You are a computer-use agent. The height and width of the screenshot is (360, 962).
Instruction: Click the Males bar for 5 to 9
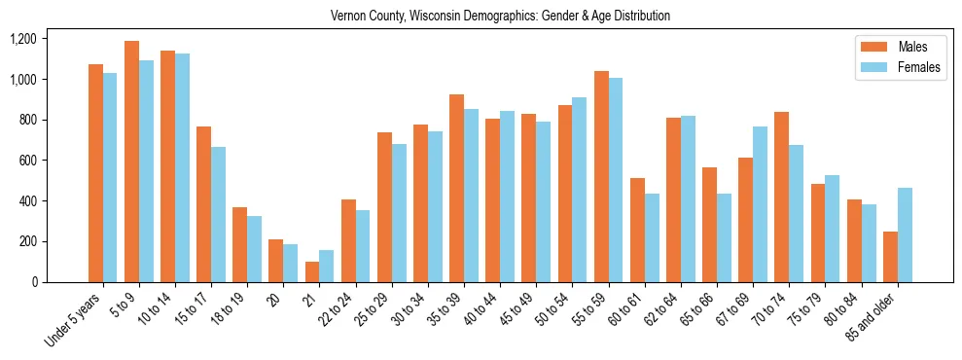pos(131,162)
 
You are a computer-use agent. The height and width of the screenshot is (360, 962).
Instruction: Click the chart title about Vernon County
pos(500,17)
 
